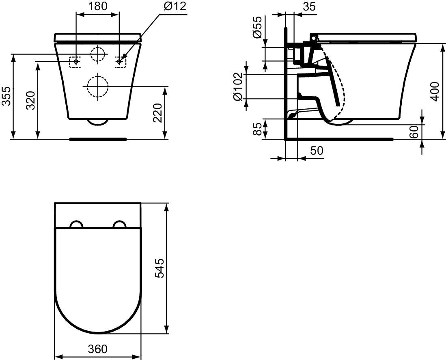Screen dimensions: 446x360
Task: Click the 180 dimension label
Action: (97, 6)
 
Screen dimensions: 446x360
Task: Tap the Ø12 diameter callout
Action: (175, 6)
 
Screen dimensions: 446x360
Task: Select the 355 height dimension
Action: (6, 96)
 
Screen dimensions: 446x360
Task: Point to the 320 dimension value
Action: (30, 100)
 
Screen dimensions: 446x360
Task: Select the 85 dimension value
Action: (257, 129)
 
